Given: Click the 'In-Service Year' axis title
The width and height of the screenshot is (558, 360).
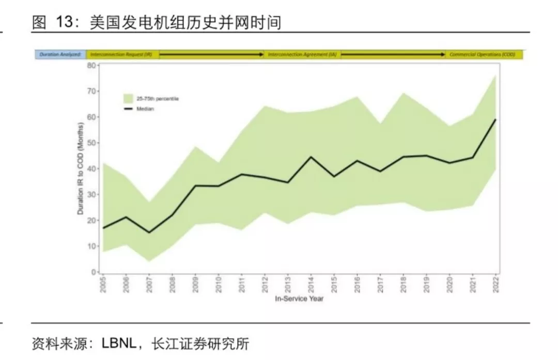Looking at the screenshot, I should coord(299,299).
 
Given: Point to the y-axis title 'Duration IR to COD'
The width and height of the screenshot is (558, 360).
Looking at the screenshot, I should coord(81,168).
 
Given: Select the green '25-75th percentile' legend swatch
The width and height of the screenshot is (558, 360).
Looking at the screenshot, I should coord(129,98).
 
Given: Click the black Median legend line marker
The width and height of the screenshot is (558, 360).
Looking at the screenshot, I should coord(129,109).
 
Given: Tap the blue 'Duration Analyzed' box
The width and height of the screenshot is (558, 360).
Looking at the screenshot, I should coord(60,54).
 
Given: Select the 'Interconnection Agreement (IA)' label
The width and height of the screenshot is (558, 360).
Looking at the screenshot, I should coord(302,54).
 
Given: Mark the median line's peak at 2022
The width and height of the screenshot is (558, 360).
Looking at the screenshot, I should coord(495,119).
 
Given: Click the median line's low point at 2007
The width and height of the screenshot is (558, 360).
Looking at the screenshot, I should coord(149,232).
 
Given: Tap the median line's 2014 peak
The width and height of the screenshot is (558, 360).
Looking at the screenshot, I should coord(311,157).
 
